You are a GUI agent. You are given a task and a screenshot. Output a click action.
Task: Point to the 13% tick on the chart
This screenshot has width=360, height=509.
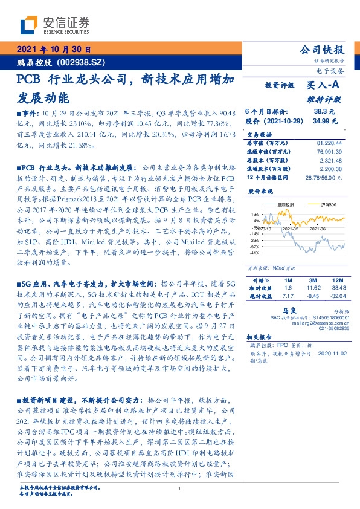pyautogui.click(x=257, y=214)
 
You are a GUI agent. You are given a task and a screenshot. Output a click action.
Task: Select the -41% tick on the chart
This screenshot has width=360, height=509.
pyautogui.click(x=256, y=254)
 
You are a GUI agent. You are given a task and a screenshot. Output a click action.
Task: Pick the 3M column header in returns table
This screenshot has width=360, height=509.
pyautogui.click(x=312, y=280)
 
